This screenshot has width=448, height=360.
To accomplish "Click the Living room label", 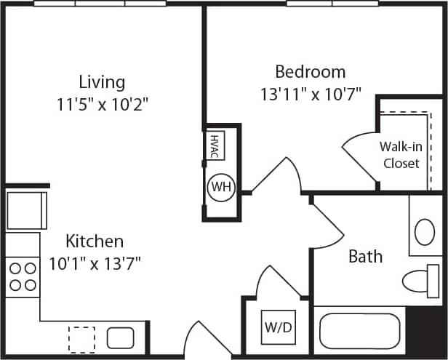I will click(x=102, y=81).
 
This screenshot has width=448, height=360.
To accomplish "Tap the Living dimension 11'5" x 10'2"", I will click(x=102, y=104).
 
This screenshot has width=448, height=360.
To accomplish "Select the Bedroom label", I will click(x=310, y=72).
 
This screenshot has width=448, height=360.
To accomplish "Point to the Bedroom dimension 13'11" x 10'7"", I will click(x=310, y=94).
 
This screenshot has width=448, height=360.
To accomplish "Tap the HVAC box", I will click(x=215, y=145).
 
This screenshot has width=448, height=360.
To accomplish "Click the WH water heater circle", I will click(x=220, y=187).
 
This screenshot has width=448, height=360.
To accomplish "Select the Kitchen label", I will click(x=95, y=241).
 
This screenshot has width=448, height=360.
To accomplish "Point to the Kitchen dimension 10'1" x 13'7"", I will click(x=95, y=263).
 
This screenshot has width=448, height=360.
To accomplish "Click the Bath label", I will click(x=365, y=256).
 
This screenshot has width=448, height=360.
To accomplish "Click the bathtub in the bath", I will click(x=361, y=332).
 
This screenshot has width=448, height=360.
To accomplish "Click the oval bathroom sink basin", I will click(x=425, y=232).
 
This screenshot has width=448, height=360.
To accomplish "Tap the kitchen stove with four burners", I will click(x=23, y=276).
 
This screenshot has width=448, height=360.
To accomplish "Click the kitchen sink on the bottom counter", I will click(x=120, y=337).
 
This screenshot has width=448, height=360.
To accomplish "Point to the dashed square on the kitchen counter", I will click(x=81, y=339).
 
